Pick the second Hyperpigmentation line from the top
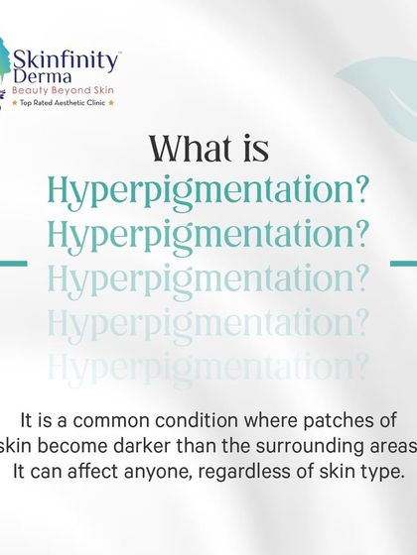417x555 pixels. click(x=208, y=236)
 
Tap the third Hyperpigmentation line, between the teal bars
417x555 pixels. click(x=208, y=279)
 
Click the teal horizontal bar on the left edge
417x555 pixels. click(x=12, y=264)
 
